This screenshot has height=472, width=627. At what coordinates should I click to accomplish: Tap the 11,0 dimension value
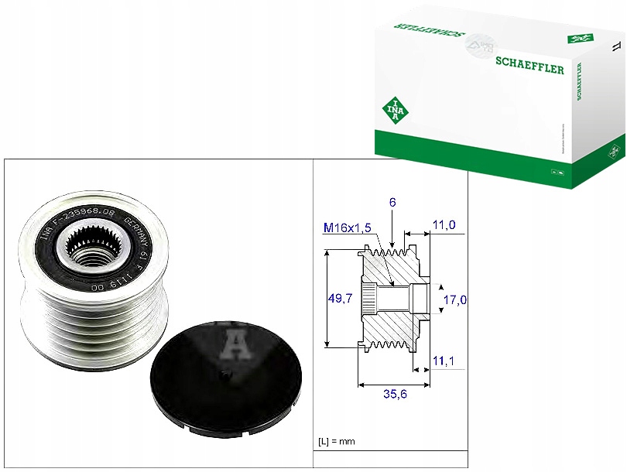(x=444, y=225)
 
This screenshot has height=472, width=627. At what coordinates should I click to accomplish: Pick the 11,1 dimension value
(x=444, y=361)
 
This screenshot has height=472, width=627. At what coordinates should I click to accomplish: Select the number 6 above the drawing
(x=392, y=202)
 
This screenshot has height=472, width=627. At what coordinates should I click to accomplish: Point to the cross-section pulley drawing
(x=395, y=297)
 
